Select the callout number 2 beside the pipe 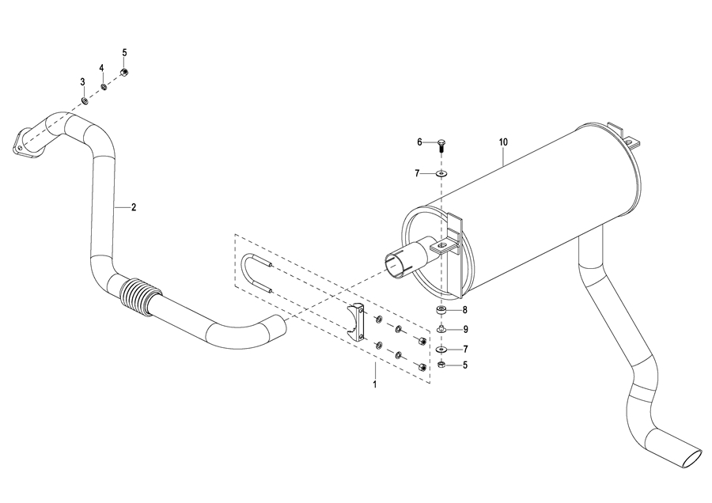click(134, 207)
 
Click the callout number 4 click(102, 68)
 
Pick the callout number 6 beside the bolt click(419, 142)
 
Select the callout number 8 click(464, 310)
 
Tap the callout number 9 click(465, 329)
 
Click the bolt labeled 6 click(441, 146)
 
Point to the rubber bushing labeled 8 click(441, 311)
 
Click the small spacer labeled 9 click(441, 329)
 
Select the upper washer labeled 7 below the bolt click(441, 173)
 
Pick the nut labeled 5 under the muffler click(441, 365)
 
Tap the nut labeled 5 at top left click(123, 72)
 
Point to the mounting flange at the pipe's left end click(23, 144)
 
